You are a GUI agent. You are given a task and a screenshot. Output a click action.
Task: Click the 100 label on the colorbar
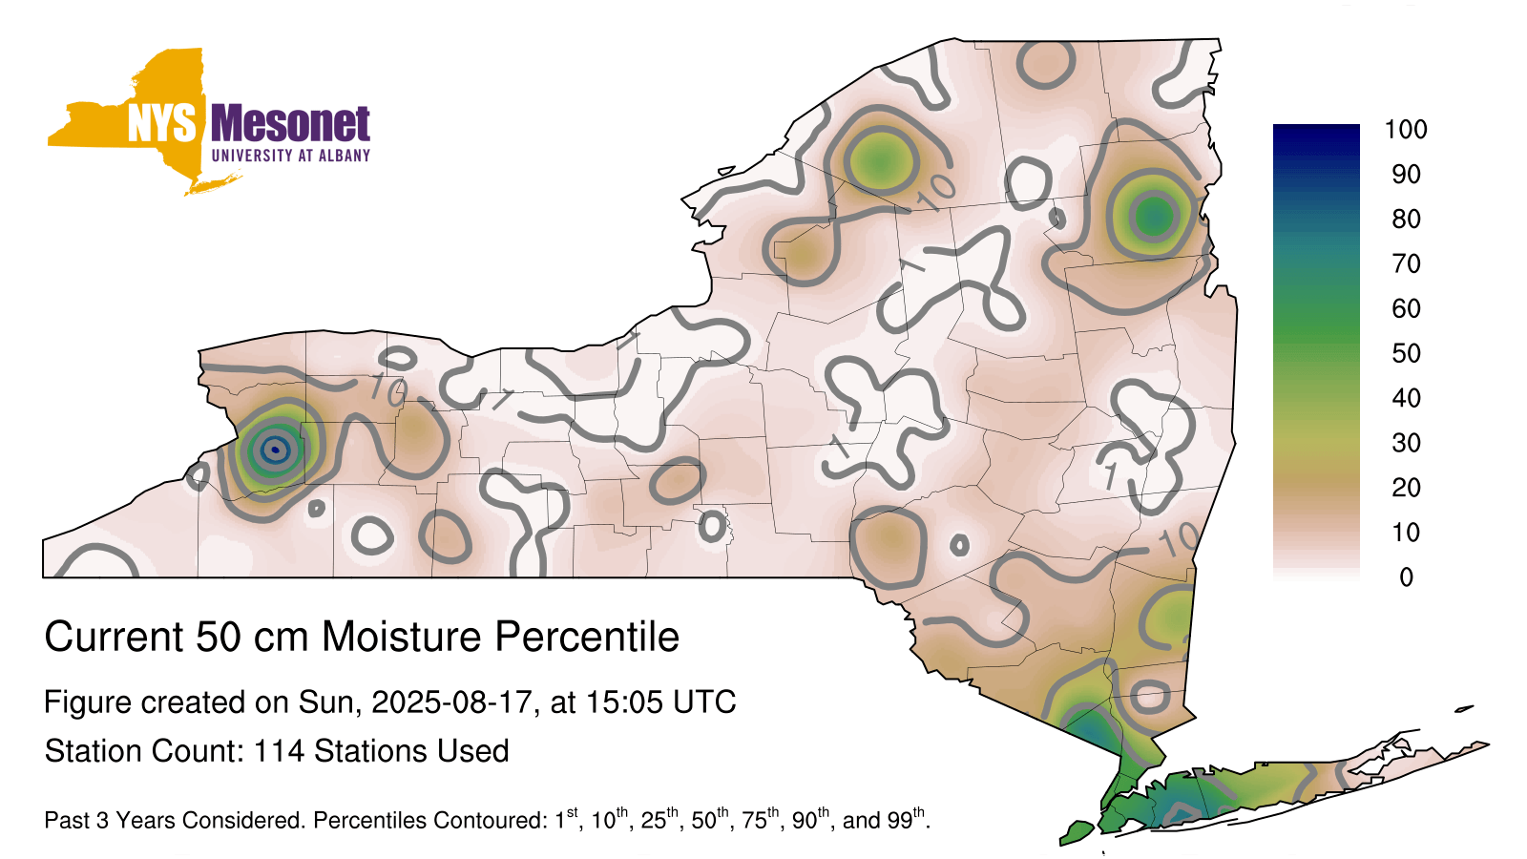(x=1406, y=130)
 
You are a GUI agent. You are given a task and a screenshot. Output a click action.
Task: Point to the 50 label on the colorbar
(x=1407, y=353)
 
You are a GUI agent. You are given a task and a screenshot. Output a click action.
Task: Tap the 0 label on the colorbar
(x=1407, y=577)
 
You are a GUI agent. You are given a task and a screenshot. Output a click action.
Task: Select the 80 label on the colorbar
(x=1407, y=219)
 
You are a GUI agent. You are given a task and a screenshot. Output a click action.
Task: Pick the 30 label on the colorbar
(x=1407, y=443)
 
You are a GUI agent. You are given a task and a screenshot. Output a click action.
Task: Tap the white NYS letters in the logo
(x=161, y=123)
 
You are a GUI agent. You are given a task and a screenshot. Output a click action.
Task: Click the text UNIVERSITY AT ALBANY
(x=291, y=156)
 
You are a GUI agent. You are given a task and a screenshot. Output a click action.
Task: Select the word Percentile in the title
(x=587, y=637)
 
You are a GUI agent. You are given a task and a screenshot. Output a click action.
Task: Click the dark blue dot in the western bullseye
(x=275, y=450)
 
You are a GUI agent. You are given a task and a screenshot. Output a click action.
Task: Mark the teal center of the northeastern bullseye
(x=1154, y=217)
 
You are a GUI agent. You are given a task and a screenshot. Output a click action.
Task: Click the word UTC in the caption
(x=705, y=702)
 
